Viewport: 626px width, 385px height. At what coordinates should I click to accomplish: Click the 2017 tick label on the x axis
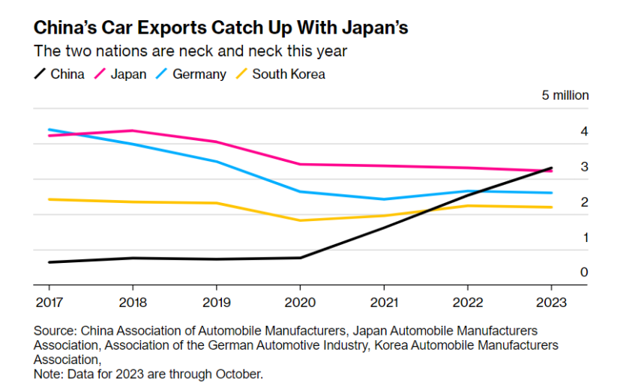(49, 303)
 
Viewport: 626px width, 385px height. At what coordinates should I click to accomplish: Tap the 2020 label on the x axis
(300, 303)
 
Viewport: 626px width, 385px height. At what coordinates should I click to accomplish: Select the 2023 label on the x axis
(551, 303)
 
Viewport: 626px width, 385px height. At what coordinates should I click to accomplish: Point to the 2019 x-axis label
(217, 303)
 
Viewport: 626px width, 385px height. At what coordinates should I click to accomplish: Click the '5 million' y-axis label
(565, 96)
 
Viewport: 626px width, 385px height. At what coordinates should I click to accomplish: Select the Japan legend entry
(128, 74)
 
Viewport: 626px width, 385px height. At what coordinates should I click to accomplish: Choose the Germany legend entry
(199, 74)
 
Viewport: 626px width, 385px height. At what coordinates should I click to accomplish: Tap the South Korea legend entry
(289, 74)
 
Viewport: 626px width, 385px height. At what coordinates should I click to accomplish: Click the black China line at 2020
(300, 258)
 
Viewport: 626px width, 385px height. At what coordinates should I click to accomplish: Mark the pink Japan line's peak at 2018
(133, 130)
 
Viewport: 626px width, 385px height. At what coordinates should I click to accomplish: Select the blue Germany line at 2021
(384, 199)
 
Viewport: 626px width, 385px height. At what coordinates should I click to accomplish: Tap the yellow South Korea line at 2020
(300, 220)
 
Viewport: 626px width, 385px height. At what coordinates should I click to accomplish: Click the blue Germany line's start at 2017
(49, 130)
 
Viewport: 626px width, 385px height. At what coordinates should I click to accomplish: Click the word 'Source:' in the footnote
(55, 330)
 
